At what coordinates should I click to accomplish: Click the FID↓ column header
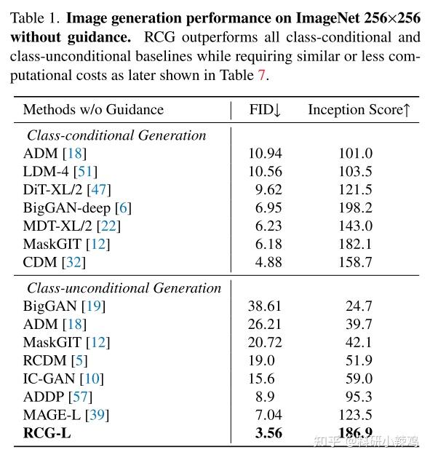[x=265, y=110]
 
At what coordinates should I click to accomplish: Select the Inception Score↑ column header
[x=359, y=110]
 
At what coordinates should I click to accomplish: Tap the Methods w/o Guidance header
[x=93, y=110]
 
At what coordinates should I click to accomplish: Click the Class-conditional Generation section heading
[x=116, y=135]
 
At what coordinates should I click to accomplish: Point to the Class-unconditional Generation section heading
[x=124, y=288]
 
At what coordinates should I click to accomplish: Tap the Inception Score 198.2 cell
[x=355, y=208]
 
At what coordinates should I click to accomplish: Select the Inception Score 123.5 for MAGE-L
[x=355, y=416]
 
